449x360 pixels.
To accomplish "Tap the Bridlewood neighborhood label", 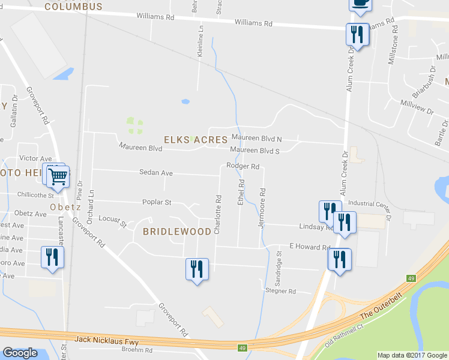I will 177,231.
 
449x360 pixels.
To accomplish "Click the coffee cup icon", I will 360,4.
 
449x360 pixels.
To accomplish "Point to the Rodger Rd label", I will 243,166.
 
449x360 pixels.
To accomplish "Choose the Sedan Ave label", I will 156,173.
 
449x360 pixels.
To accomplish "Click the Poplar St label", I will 157,203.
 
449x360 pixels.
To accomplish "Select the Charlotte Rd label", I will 218,214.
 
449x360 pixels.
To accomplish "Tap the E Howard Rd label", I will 310,247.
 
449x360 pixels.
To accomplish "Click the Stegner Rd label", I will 281,292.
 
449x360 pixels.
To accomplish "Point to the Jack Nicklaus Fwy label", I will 107,340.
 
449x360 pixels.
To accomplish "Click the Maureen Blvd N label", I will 256,139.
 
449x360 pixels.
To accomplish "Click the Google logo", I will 20,353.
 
